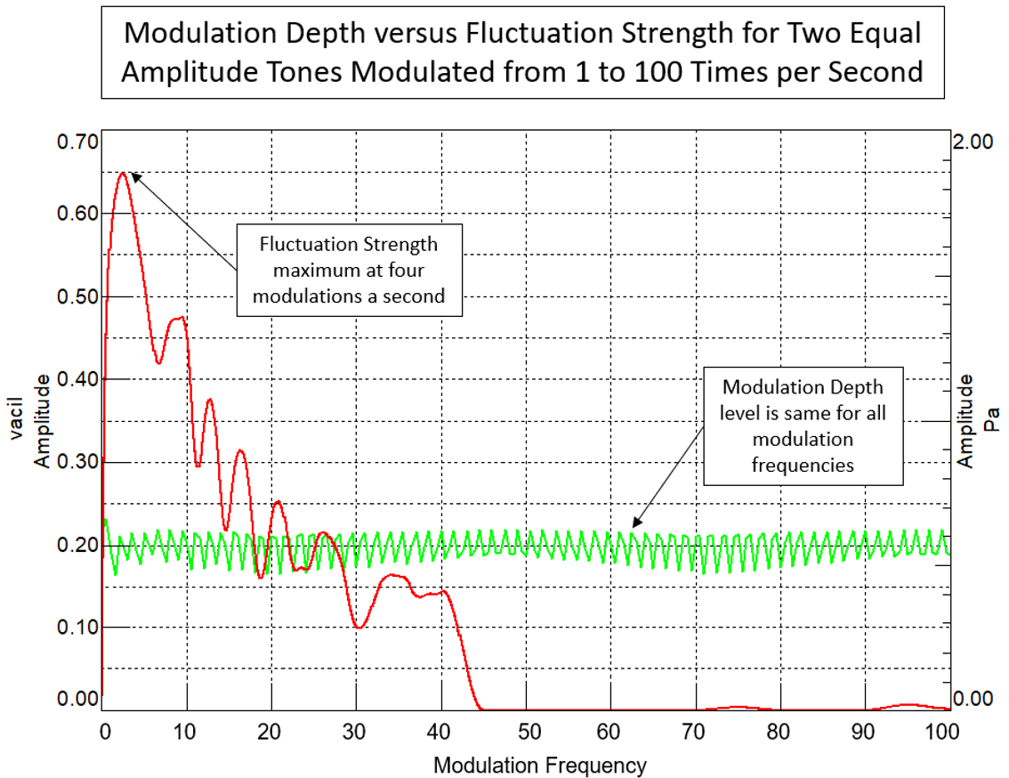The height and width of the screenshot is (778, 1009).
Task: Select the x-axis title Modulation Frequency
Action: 539,764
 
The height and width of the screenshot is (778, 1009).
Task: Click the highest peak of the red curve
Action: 123,173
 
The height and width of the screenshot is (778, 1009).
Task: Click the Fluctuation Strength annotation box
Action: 349,270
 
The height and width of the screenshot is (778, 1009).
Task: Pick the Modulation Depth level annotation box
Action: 803,425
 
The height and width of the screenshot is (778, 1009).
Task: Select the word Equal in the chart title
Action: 875,34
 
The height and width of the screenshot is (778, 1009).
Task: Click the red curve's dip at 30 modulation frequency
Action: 359,627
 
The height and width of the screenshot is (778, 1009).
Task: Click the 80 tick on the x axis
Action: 780,733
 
